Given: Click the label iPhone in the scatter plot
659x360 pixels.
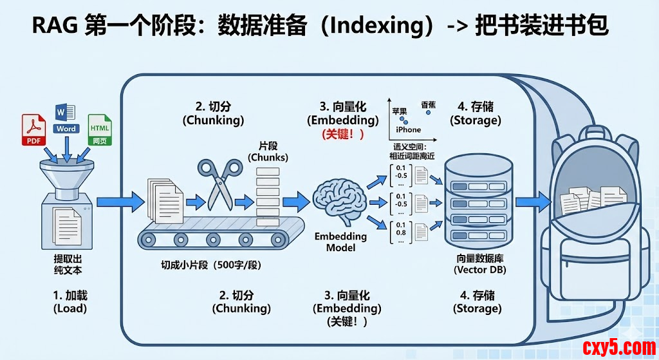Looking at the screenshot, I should coord(408,129).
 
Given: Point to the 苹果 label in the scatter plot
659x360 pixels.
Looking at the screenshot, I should coord(400,111).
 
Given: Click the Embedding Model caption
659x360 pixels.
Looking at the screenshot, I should coord(341,242).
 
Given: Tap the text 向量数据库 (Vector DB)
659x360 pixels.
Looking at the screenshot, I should coord(479,264).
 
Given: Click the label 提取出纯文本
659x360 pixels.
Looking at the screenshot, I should coord(68,264).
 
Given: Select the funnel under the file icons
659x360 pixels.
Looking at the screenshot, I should coord(66,174).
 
